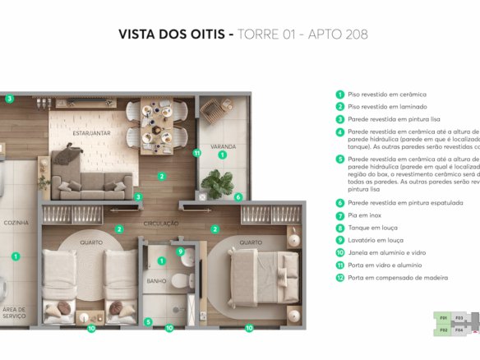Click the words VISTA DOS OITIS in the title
click(x=172, y=35)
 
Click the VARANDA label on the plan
click(x=223, y=147)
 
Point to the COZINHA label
click(x=16, y=223)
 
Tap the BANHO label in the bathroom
click(x=156, y=279)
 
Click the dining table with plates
click(x=157, y=122)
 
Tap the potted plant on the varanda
click(x=218, y=182)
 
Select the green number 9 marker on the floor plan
click(x=180, y=252)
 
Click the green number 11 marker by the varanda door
click(x=196, y=153)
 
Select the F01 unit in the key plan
click(x=443, y=318)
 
